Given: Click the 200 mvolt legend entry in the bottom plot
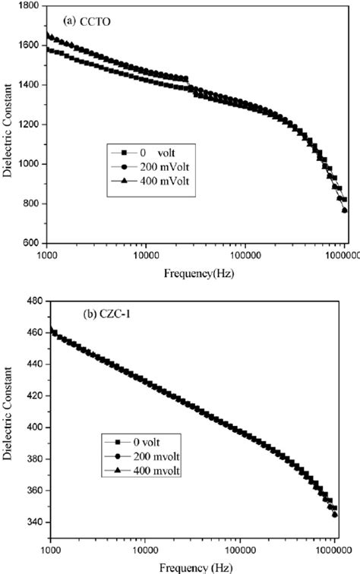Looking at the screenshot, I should (x=148, y=456).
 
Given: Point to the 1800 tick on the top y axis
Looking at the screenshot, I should (x=30, y=6).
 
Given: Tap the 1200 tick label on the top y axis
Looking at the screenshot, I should (x=30, y=125).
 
